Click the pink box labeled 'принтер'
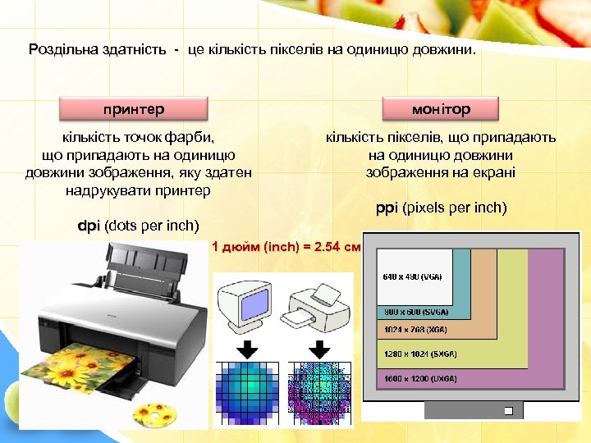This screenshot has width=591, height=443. tap(134, 109)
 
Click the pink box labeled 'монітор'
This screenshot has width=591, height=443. tap(441, 109)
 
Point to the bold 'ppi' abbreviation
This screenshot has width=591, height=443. tap(387, 208)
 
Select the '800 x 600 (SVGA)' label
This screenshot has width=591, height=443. tap(415, 313)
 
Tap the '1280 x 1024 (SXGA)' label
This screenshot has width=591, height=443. tap(420, 354)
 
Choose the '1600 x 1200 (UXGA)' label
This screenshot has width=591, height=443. tap(420, 380)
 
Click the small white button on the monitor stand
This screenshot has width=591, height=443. tap(509, 410)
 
